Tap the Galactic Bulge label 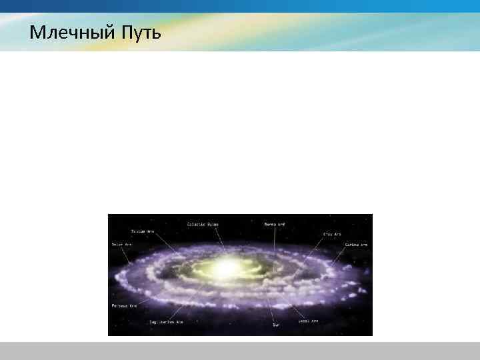coord(203,224)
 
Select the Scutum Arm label coord(142,231)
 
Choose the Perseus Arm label coord(123,305)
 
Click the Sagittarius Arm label coord(166,321)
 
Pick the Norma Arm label coord(275,224)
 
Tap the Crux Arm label coord(332,234)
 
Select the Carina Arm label coord(355,245)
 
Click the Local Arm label coord(308,321)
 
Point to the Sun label coord(275,326)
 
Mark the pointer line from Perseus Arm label coord(133,297)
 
